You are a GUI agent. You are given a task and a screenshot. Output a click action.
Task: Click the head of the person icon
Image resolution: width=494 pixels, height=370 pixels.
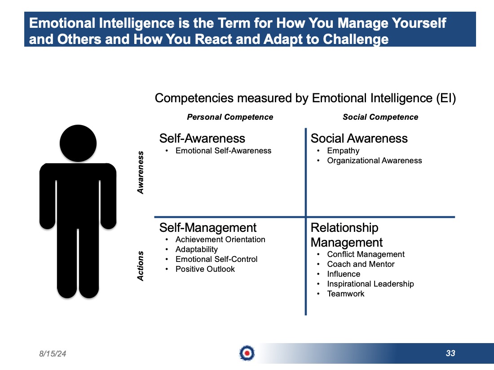[78, 143]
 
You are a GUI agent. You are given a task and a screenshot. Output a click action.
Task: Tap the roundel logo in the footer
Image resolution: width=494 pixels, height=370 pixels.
[247, 353]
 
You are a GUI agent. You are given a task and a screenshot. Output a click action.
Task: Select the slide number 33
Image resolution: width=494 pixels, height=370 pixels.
[450, 353]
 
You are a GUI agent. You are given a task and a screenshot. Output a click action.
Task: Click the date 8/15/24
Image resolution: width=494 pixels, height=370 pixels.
[53, 354]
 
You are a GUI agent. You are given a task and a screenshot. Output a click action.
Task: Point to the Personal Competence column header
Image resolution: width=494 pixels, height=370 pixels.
[230, 117]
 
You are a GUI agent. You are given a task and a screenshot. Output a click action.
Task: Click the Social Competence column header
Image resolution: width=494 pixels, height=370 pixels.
[380, 117]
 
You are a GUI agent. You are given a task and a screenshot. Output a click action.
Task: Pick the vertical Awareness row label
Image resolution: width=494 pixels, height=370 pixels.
[140, 172]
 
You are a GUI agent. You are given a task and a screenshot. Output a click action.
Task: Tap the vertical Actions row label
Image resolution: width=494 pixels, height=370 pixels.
[140, 266]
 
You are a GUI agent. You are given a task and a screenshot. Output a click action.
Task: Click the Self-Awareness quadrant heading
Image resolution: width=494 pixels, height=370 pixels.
[202, 139]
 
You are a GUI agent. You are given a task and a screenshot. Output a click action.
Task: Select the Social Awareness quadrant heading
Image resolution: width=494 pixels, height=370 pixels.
[359, 139]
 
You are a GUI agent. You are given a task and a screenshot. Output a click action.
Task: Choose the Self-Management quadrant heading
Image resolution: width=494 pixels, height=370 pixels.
[208, 227]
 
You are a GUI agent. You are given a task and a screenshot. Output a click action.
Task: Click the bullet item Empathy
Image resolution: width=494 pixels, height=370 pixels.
[343, 151]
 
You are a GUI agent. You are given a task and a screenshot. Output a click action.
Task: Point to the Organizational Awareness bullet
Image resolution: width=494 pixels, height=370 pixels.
[374, 161]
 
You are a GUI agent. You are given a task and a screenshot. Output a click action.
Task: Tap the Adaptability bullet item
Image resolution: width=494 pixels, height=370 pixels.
[197, 249]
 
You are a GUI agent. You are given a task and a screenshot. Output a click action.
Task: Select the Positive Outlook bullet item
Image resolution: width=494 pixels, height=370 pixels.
[205, 269]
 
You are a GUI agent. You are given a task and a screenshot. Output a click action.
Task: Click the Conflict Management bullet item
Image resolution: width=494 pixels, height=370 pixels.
[366, 254]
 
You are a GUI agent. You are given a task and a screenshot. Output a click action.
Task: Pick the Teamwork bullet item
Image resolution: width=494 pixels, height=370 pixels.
[346, 294]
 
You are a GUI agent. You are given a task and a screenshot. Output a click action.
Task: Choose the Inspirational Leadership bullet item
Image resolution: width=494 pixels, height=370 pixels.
[370, 284]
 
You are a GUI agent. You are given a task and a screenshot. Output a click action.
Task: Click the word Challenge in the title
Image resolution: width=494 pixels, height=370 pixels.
[356, 39]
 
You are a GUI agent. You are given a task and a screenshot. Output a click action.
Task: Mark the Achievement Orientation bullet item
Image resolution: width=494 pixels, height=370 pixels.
[220, 239]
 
